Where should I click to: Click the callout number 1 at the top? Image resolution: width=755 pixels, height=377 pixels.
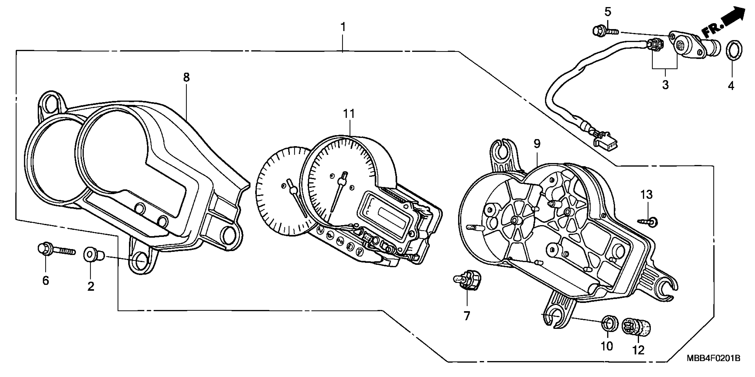[343, 27]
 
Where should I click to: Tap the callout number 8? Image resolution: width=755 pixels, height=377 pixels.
[186, 77]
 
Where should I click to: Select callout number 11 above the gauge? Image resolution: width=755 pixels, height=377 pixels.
[349, 114]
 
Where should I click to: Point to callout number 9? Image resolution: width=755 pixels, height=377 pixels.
[537, 144]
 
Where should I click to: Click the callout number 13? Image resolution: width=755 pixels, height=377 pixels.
[646, 194]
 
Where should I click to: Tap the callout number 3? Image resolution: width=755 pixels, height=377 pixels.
[665, 85]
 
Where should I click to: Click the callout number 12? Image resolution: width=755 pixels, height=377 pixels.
[638, 350]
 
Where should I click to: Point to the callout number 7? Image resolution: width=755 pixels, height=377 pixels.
[467, 316]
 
